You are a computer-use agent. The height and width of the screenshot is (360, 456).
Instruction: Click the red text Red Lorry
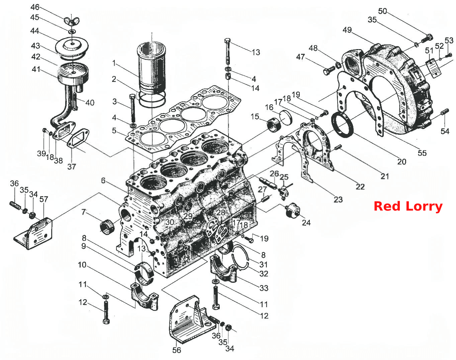[408, 207]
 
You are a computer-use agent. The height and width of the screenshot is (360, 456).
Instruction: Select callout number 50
[382, 11]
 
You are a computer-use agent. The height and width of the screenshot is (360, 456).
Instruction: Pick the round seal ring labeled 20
[343, 125]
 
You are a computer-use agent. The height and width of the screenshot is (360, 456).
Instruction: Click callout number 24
[306, 223]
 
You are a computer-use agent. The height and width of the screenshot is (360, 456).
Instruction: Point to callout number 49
[347, 30]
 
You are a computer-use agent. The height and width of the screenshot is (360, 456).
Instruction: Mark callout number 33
[264, 288]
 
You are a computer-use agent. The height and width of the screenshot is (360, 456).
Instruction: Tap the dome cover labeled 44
[72, 47]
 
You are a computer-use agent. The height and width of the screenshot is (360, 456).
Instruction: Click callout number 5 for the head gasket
[114, 131]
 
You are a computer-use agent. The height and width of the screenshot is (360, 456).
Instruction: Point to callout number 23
[338, 200]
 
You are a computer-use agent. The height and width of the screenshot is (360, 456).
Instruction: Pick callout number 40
[90, 103]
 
